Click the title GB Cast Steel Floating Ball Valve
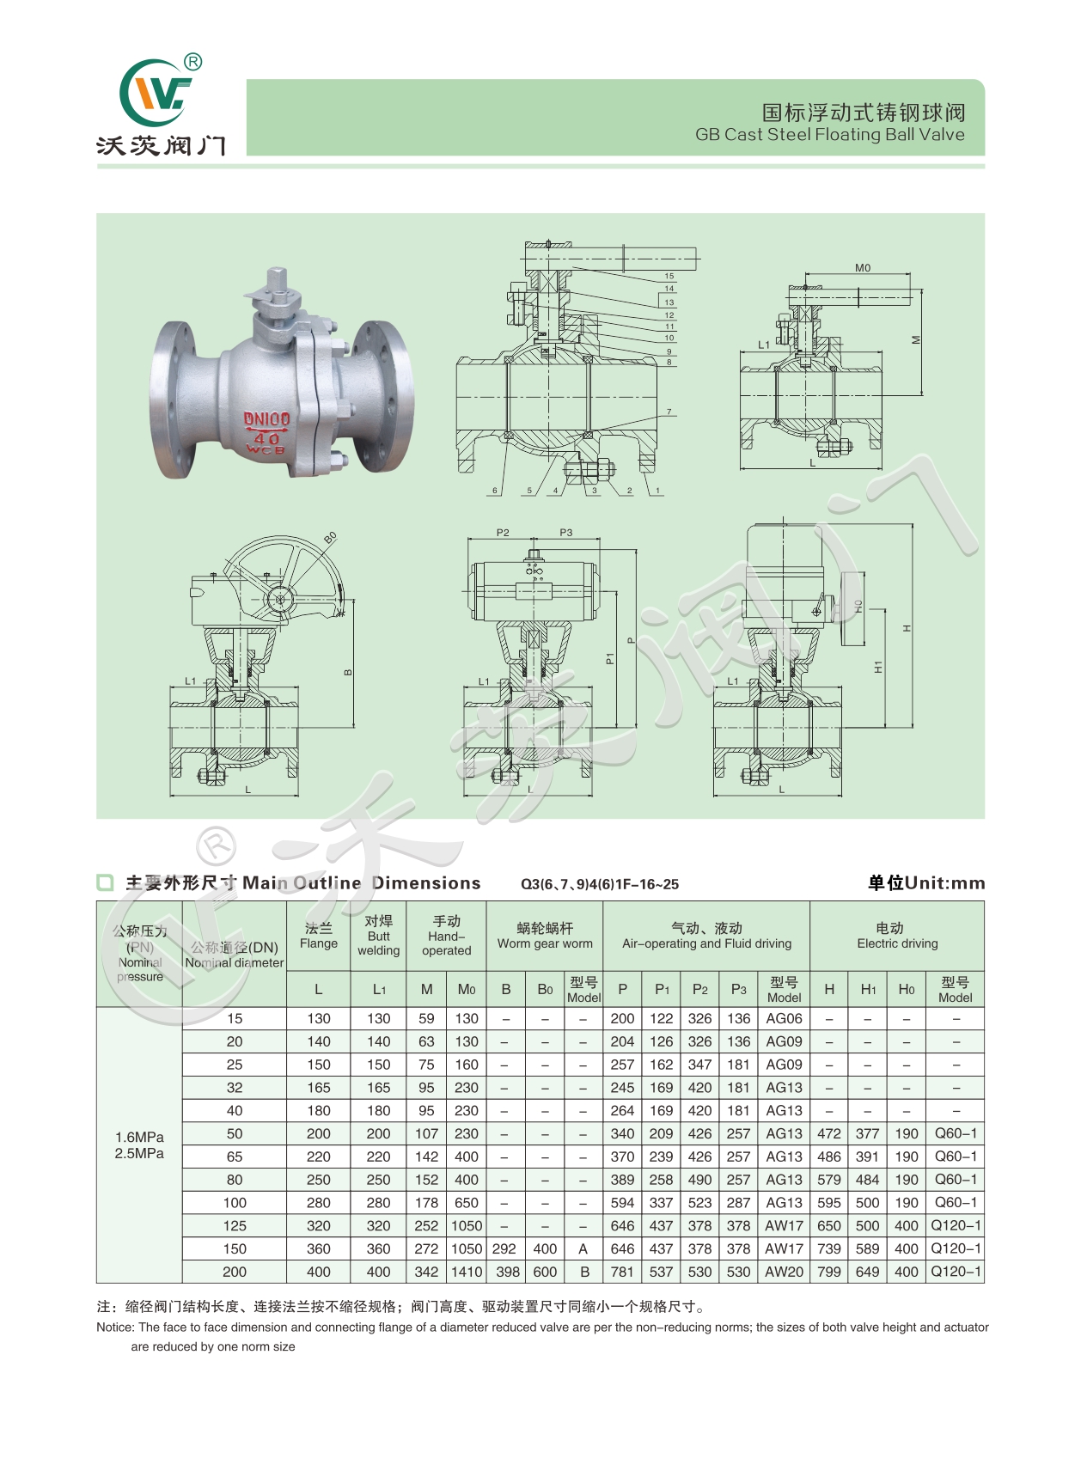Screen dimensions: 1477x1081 (x=829, y=135)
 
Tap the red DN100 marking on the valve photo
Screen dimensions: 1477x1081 (x=266, y=419)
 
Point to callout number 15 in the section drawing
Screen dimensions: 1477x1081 (x=669, y=277)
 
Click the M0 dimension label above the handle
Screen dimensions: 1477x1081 (x=863, y=268)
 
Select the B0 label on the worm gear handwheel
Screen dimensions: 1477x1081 (x=331, y=538)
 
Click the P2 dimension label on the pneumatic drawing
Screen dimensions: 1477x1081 (x=503, y=533)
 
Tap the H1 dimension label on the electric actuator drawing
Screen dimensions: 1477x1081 (x=877, y=666)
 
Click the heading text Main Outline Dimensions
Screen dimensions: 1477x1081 (x=361, y=883)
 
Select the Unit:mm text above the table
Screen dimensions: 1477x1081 (x=944, y=883)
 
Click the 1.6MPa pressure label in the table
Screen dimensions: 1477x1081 (x=139, y=1137)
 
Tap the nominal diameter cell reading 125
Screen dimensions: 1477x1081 (x=235, y=1226)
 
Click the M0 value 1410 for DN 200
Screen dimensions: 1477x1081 (x=467, y=1272)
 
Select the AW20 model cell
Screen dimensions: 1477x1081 (x=784, y=1272)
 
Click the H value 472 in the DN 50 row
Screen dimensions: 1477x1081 (x=829, y=1134)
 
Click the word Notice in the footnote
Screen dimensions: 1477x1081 (x=115, y=1327)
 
